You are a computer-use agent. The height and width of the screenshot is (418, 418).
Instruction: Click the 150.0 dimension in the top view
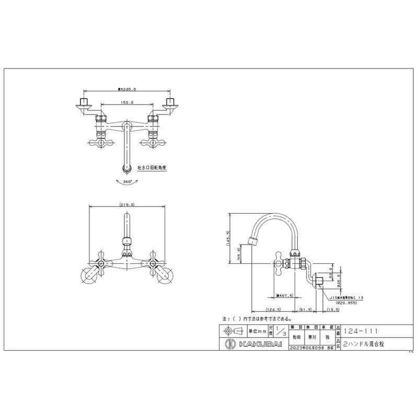coord(127,103)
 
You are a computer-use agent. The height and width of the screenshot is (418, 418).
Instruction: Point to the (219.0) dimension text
coord(127,205)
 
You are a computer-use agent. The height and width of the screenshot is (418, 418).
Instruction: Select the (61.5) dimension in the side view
coord(306,310)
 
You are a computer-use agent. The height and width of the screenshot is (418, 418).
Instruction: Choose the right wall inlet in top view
coord(169,103)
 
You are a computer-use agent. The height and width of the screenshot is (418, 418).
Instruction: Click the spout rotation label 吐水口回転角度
coord(153,169)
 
